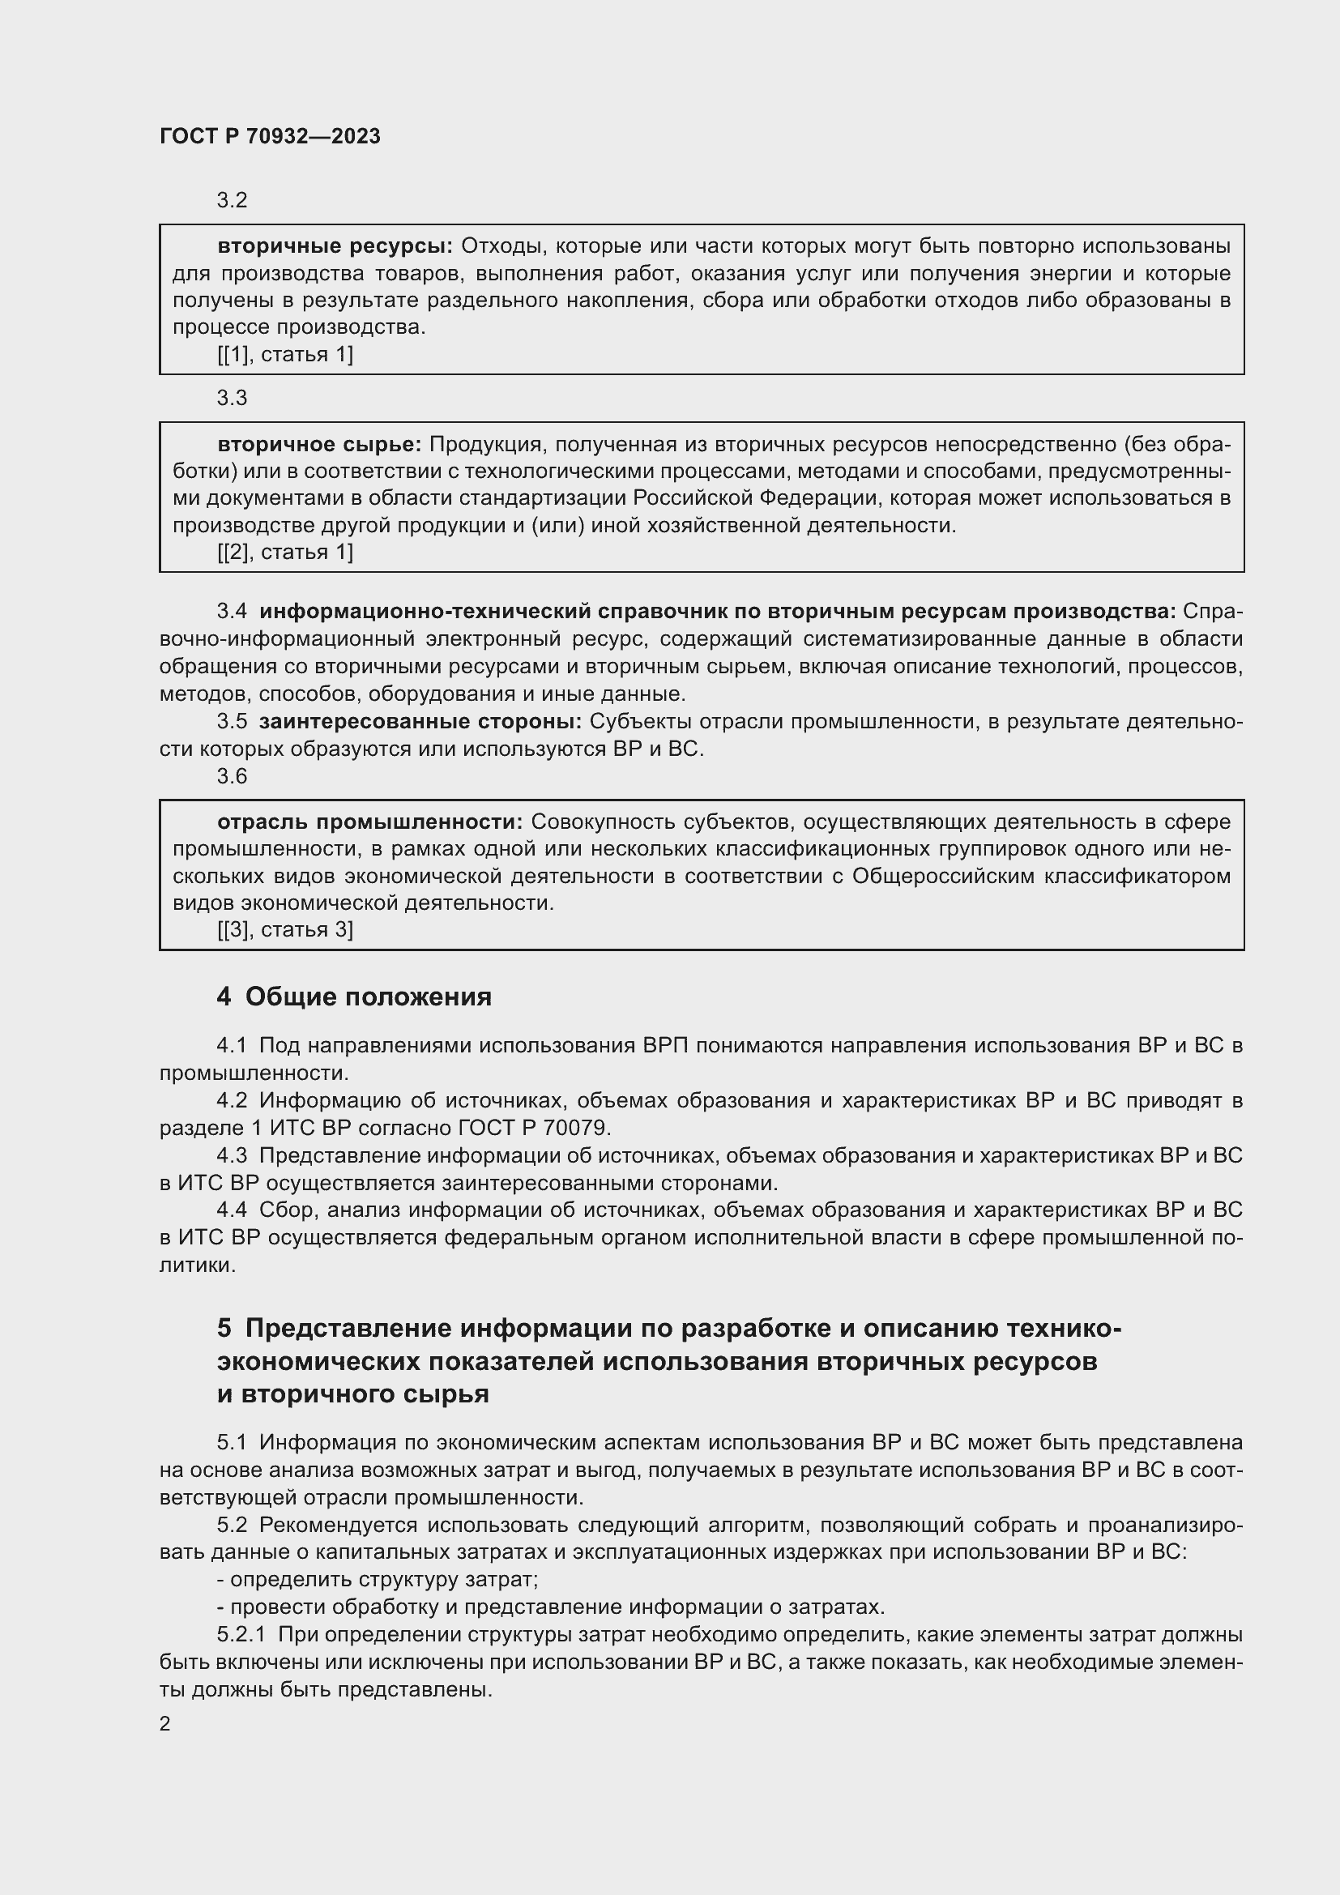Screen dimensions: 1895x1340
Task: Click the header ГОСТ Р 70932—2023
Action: [x=270, y=136]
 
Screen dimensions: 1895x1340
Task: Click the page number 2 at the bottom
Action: [x=165, y=1723]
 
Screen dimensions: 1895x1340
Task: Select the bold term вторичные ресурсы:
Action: [x=335, y=246]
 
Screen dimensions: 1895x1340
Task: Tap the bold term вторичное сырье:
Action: [x=319, y=444]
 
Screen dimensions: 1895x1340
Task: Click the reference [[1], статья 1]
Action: [x=284, y=355]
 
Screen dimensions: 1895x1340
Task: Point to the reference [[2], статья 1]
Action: [x=284, y=553]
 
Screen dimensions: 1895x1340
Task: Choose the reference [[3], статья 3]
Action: [x=284, y=930]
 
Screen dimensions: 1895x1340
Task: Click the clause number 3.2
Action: [x=232, y=201]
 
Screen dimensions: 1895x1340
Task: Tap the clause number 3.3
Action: [x=232, y=398]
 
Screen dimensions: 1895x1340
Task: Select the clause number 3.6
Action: [x=232, y=776]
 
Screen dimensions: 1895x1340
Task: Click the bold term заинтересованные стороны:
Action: [x=420, y=721]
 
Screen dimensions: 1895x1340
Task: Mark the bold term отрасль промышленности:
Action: [x=369, y=822]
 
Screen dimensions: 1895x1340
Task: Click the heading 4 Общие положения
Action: [x=354, y=997]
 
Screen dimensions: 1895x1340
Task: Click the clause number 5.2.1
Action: [x=241, y=1634]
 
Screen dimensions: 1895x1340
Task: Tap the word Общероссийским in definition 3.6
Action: [x=943, y=876]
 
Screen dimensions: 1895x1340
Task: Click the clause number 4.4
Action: [x=232, y=1210]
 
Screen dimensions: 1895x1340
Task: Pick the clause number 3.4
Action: [x=232, y=612]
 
